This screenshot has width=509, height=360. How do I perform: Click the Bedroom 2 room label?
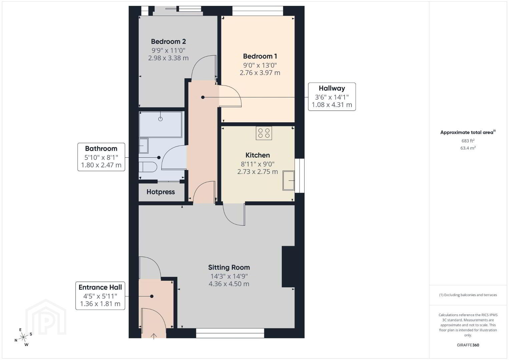point(168,42)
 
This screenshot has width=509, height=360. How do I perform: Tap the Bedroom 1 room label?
point(260,56)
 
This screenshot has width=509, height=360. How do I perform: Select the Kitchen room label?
point(258,155)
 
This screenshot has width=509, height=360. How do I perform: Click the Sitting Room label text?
point(229,268)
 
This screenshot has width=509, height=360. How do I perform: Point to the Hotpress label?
point(161,192)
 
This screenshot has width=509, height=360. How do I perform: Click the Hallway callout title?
point(332,88)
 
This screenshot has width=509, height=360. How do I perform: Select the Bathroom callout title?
point(101,149)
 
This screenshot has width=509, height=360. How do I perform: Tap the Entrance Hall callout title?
point(100,287)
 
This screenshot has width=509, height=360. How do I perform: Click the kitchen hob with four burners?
point(264,133)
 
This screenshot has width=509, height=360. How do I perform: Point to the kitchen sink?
point(289,181)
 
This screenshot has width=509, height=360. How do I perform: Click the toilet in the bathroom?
point(148,167)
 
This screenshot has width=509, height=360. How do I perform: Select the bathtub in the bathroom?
point(160,124)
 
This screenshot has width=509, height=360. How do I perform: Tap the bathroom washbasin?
point(143,146)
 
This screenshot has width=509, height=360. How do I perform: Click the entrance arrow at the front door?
point(154,336)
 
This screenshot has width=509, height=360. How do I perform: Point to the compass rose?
point(23,337)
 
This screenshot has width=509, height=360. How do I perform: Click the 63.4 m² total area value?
point(468,148)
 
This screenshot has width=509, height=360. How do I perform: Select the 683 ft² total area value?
point(468,141)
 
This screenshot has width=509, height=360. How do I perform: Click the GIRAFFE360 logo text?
point(468,345)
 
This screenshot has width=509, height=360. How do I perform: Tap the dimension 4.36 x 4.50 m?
point(229,284)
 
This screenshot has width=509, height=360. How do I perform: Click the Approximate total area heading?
point(468,132)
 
